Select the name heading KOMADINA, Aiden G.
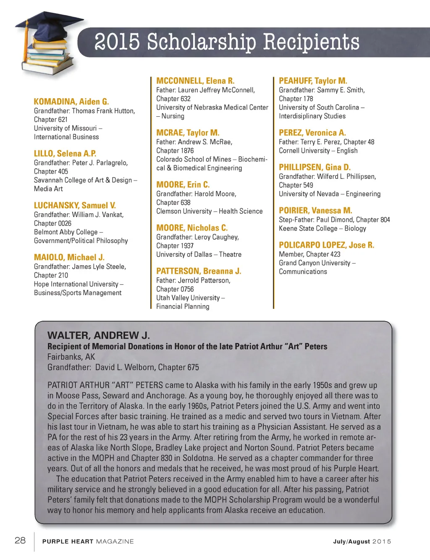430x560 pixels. [x=71, y=102]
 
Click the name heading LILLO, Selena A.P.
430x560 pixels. [x=65, y=154]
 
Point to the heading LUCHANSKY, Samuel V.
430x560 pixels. [x=75, y=205]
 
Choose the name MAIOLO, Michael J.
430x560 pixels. [x=69, y=257]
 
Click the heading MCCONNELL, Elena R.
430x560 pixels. [x=195, y=81]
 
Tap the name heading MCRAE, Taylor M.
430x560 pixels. [x=188, y=133]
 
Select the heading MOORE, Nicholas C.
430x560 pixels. [x=192, y=228]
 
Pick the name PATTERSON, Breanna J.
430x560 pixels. [x=199, y=271]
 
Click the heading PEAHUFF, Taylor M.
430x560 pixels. [x=313, y=81]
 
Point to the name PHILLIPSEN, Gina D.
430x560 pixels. [x=315, y=167]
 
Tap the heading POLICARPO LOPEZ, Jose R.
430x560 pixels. [x=326, y=245]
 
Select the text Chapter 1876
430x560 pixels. [x=175, y=151]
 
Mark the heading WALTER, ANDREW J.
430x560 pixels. [x=99, y=335]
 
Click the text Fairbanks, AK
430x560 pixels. [x=71, y=357]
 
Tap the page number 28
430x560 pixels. [x=20, y=540]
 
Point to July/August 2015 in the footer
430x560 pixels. [x=362, y=542]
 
